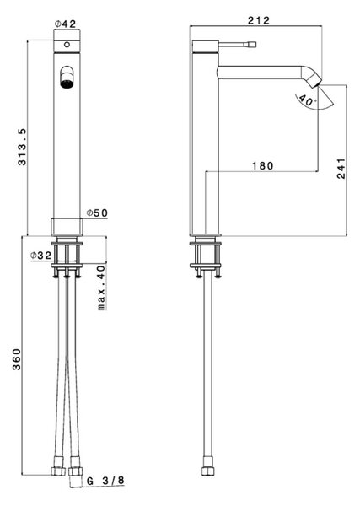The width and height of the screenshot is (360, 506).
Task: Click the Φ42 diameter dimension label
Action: [x=66, y=24]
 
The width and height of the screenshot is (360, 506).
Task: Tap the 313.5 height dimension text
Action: [x=22, y=147]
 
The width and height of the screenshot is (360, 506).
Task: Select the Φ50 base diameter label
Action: [x=97, y=213]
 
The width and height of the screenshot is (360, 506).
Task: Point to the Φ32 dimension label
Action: [x=41, y=256]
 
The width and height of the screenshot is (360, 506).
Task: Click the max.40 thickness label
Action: [x=102, y=288]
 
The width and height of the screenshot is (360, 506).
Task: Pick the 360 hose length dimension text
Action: [x=17, y=359]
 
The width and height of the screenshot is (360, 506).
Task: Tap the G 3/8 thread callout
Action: [x=105, y=481]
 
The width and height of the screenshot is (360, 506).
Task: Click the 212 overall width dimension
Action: [x=258, y=20]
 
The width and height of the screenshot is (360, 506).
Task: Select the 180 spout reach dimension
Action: [x=262, y=166]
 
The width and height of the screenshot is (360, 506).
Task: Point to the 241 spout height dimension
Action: [x=341, y=168]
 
